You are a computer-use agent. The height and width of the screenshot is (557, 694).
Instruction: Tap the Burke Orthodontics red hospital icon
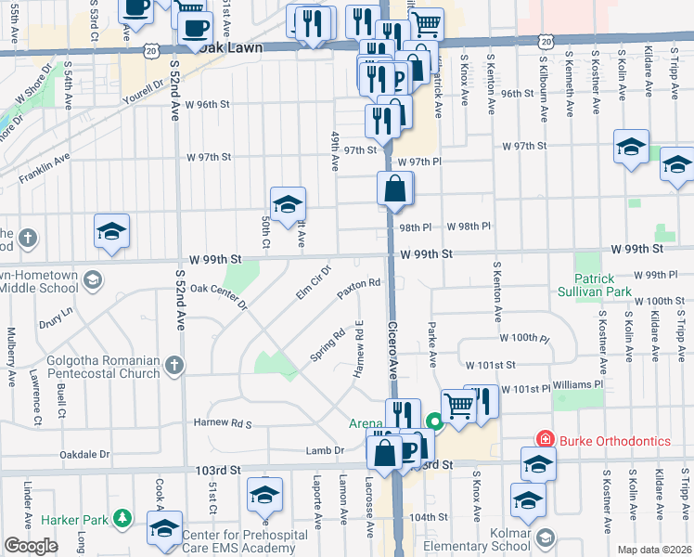(546, 439)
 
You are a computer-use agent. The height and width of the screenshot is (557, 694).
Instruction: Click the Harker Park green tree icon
(121, 517)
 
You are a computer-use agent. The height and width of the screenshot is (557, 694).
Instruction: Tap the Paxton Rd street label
(359, 289)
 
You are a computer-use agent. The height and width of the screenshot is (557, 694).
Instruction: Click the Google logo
(31, 546)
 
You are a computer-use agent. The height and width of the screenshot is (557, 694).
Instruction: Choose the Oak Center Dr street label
(219, 295)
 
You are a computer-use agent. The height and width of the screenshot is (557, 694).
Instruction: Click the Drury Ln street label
(56, 318)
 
